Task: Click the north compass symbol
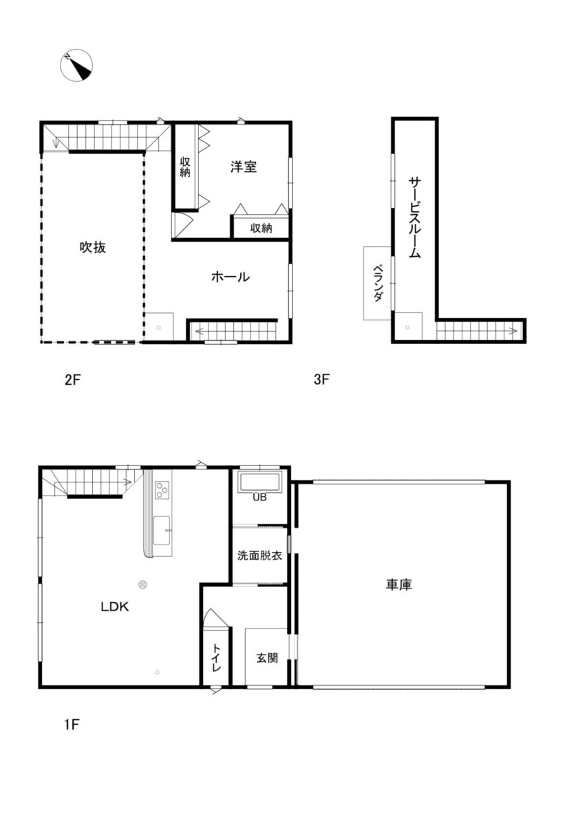[76, 65]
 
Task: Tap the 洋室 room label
[244, 167]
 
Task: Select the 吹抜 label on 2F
[93, 247]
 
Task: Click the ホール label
[231, 277]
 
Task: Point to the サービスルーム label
[415, 218]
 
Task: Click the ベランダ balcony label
[378, 283]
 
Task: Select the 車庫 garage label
[399, 585]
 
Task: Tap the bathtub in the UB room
[260, 482]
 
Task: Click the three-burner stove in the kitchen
[162, 490]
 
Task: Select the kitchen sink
[162, 531]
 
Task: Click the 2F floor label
[72, 380]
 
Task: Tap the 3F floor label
[321, 379]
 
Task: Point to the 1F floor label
[72, 725]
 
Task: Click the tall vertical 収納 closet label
[185, 167]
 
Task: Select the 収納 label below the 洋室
[261, 229]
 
